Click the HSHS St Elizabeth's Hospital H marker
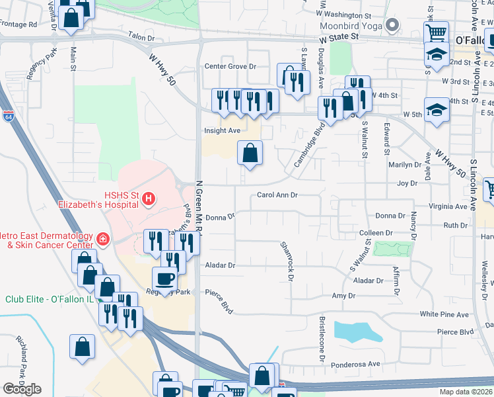(149, 198)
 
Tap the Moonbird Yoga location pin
(393, 26)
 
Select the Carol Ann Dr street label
(277, 195)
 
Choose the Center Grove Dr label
(230, 66)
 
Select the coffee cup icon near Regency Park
(164, 278)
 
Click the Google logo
(22, 389)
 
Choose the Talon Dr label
(141, 37)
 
